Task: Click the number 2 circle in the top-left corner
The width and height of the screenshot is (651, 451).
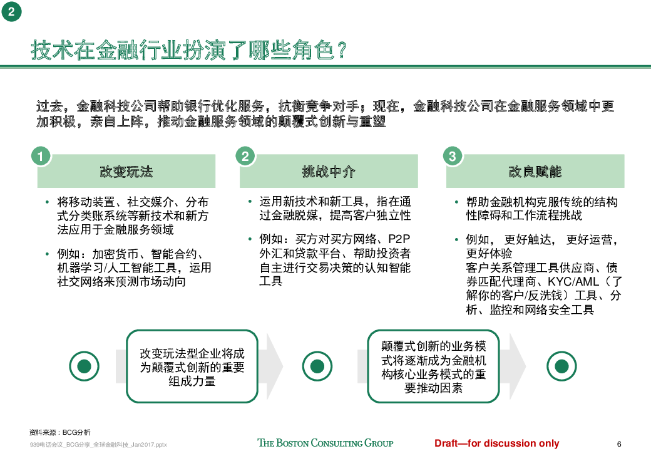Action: coord(11,11)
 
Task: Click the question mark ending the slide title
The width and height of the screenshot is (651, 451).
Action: coord(342,50)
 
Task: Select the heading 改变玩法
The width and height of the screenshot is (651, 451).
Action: coord(126,172)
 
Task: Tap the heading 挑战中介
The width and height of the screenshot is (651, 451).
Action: coord(329,172)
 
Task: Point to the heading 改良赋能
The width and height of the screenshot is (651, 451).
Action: coord(535,172)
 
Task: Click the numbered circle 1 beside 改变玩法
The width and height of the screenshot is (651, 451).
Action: coord(41,156)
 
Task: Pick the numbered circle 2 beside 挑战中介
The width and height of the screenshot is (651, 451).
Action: coord(245,156)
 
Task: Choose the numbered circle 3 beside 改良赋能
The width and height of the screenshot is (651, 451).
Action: coord(452,156)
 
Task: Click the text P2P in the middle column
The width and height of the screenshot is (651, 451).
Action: coord(399,239)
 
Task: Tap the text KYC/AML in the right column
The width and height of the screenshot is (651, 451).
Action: coord(573,282)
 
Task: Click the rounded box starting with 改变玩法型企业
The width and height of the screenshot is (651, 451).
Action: coord(192,366)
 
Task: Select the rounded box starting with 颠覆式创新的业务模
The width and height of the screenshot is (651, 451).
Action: coord(433,366)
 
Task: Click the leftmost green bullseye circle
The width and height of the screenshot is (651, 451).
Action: coord(85,366)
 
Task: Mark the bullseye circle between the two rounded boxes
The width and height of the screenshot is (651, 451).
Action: coord(317,366)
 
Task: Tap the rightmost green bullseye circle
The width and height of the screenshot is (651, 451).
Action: coord(561,366)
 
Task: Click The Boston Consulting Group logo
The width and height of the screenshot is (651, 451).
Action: coord(325,443)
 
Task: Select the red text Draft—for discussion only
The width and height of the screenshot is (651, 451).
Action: coord(496,443)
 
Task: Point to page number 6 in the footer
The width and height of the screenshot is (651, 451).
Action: coord(619,444)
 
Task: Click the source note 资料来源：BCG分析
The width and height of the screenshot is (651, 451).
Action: coord(60,432)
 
